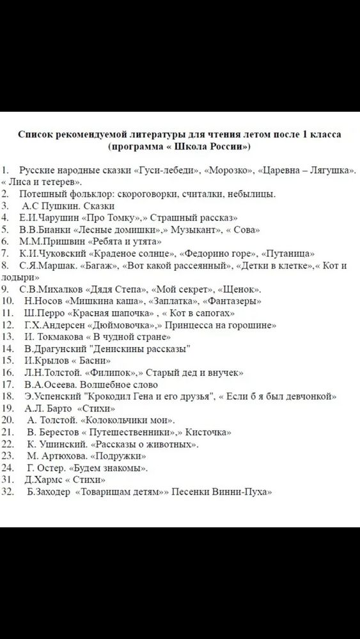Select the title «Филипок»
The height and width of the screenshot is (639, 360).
pyautogui.click(x=115, y=373)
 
